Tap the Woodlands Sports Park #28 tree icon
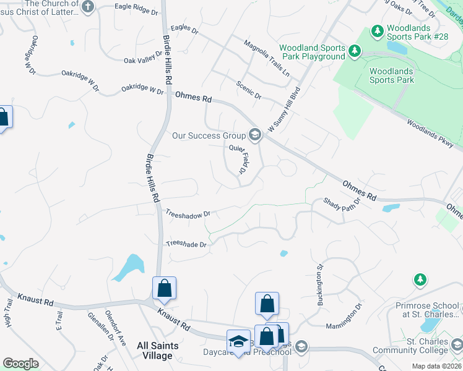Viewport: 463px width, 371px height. (x=376, y=30)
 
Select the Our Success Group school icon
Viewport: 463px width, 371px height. (x=254, y=134)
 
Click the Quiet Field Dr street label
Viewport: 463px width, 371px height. (x=238, y=158)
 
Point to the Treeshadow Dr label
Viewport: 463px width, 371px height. (x=188, y=213)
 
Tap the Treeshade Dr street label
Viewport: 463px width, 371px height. (x=186, y=244)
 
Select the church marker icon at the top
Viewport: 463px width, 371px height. (x=88, y=7)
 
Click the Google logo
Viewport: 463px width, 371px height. (x=20, y=364)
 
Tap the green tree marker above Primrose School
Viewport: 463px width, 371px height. (x=420, y=280)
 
